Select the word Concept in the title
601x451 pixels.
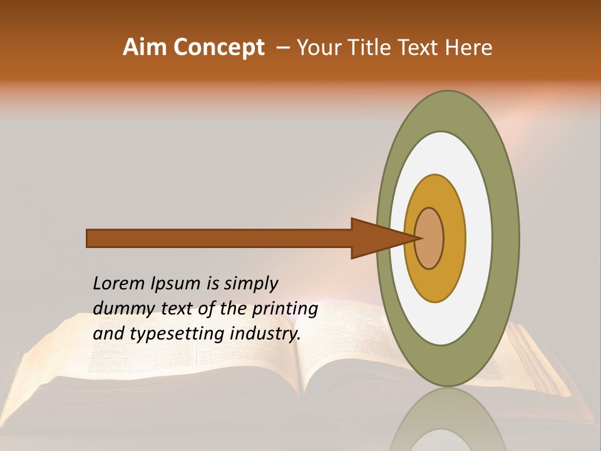(x=218, y=48)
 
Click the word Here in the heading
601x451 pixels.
(x=470, y=48)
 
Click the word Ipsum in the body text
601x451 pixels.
(x=176, y=284)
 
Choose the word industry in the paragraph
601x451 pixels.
(x=265, y=334)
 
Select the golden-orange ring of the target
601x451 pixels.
(x=454, y=238)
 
